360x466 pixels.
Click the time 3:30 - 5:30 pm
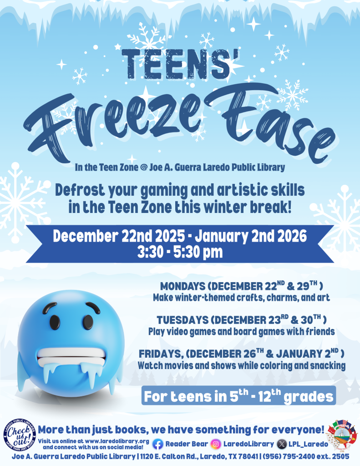tap(180, 252)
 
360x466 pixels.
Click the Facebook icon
tap(157, 444)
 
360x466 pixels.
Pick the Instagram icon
tap(217, 444)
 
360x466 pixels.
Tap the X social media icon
tap(282, 444)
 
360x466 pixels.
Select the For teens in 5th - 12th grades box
tap(239, 396)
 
